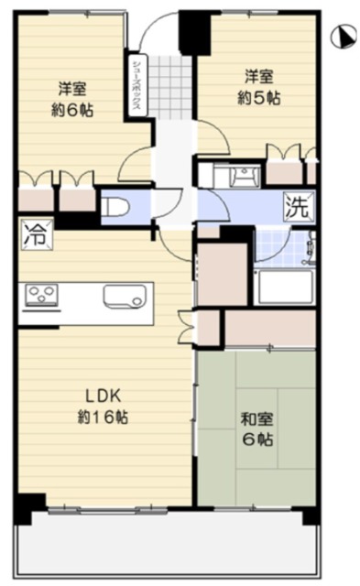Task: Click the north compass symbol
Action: tap(344, 37)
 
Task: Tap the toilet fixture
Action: tap(115, 207)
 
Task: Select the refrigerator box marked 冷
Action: tap(37, 234)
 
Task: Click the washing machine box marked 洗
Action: tap(299, 206)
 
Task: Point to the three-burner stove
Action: tap(41, 295)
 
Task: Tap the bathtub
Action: tap(285, 287)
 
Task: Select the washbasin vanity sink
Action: tap(245, 175)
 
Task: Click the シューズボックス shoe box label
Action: tap(136, 84)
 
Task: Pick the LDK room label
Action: tap(104, 396)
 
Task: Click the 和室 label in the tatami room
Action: tap(257, 419)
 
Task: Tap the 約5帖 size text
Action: tap(258, 98)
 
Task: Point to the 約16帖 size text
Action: tap(103, 418)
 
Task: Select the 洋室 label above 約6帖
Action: tap(72, 89)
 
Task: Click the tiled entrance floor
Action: tap(171, 88)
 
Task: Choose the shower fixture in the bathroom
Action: tap(311, 248)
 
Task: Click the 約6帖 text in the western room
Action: tap(72, 110)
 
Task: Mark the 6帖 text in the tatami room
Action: tap(257, 439)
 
